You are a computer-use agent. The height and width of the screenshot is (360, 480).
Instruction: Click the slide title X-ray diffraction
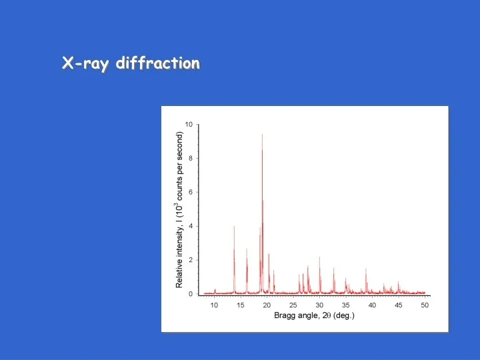[131, 64]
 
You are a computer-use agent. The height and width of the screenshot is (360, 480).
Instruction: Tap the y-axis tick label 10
[189, 125]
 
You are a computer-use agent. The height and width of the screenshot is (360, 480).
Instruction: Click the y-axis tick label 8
[191, 159]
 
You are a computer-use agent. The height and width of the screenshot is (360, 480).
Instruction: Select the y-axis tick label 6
[191, 193]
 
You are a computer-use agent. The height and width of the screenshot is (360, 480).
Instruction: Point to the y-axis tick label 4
[191, 226]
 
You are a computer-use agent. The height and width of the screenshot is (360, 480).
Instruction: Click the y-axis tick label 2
[191, 260]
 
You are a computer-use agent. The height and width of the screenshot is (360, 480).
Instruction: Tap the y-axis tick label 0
[191, 294]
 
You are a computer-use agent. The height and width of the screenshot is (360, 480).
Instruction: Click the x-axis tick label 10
[215, 305]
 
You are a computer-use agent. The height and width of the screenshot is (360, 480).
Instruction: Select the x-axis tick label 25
[293, 305]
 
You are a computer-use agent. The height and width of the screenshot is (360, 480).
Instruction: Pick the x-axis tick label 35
[346, 305]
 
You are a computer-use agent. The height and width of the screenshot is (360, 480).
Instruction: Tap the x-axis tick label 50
[425, 305]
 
